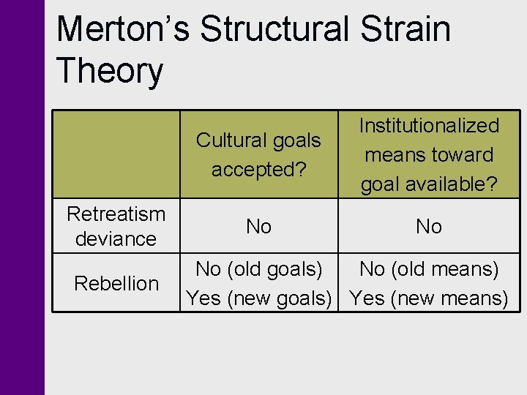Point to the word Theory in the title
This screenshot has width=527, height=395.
[x=109, y=72]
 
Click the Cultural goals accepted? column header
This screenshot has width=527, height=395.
[x=258, y=154]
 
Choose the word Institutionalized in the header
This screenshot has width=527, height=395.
[x=429, y=126]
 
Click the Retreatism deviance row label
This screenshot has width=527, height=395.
[x=116, y=226]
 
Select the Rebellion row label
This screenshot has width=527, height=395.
[x=116, y=283]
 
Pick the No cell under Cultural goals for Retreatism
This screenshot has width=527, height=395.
[x=258, y=227]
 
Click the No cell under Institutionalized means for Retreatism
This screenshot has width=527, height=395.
[x=429, y=227]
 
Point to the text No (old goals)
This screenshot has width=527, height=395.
[x=258, y=269]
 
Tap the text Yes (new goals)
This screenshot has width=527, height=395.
[x=258, y=298]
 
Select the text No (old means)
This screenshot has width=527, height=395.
[x=429, y=269]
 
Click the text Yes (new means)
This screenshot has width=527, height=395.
[x=429, y=298]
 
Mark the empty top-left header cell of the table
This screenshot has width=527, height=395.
[x=116, y=154]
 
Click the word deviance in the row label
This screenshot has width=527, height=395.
[x=116, y=238]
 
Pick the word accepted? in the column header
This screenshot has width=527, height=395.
[x=258, y=169]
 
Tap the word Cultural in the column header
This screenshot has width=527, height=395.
[x=228, y=140]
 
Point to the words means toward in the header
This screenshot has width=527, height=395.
[x=429, y=155]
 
